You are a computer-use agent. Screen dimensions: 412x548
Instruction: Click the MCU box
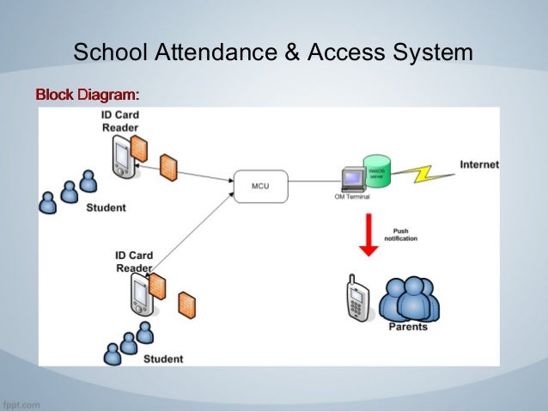[x=259, y=185]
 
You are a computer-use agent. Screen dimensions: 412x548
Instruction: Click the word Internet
[x=478, y=164]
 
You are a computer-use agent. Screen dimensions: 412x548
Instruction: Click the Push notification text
[x=400, y=234]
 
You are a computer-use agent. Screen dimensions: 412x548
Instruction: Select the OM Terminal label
[x=352, y=197]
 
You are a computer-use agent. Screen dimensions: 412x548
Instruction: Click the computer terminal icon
[x=351, y=178]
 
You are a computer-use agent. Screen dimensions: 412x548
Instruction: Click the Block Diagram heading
[x=86, y=92]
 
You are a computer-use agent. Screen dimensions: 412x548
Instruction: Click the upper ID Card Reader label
[x=119, y=121]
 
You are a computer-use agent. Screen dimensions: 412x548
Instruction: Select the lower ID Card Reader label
[x=133, y=261]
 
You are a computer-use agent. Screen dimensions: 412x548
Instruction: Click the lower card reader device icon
[x=139, y=297]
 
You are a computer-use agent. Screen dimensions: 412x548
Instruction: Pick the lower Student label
[x=162, y=358]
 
